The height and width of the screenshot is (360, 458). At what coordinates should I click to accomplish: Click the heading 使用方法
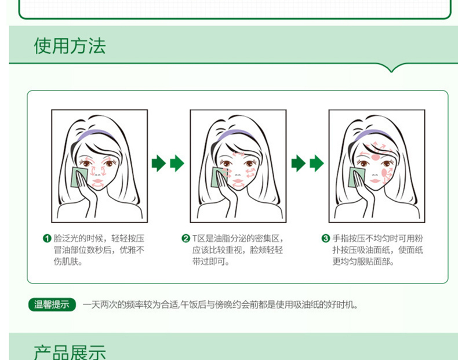(x=70, y=46)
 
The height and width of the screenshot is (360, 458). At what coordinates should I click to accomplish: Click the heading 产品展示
(x=70, y=352)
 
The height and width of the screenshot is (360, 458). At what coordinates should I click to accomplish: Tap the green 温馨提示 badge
(x=52, y=304)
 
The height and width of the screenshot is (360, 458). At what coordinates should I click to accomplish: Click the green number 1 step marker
(x=47, y=238)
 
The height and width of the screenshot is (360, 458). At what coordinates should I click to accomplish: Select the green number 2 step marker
(x=186, y=238)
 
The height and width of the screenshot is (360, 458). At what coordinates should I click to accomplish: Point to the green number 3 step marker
(x=325, y=238)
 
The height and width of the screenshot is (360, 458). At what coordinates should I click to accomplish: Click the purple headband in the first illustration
(x=95, y=133)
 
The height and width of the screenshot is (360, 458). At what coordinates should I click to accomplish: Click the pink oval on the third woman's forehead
(x=376, y=157)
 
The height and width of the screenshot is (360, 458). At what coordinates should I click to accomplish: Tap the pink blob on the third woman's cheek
(x=386, y=173)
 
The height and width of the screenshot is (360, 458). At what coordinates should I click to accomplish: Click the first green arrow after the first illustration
(x=159, y=163)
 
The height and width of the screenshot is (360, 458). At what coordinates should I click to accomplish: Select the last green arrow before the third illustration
(x=317, y=163)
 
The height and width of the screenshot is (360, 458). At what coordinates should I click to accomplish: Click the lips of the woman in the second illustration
(x=238, y=181)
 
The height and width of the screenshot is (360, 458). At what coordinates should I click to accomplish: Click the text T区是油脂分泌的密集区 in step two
(x=236, y=238)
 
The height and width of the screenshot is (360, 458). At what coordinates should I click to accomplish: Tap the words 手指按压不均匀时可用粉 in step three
(x=377, y=238)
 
